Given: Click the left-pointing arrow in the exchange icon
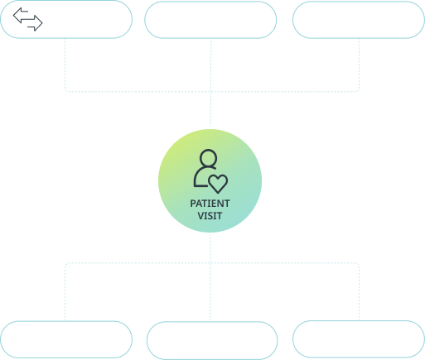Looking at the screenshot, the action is [21, 15].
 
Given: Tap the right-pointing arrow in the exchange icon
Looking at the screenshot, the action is [35, 23].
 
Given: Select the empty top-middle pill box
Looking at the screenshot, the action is [210, 20].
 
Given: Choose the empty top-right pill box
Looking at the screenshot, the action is [359, 20].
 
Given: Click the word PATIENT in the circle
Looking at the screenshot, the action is [210, 204].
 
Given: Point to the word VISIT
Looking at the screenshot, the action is [210, 216].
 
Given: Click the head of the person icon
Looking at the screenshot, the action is [208, 158].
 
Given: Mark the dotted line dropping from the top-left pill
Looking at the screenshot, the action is [65, 65].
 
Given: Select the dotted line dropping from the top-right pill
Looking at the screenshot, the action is [359, 65].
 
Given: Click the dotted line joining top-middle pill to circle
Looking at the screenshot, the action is [210, 84].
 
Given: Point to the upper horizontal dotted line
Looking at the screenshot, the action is [212, 91].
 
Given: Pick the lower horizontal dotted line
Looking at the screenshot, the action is [212, 263].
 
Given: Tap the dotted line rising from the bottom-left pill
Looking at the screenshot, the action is [65, 292].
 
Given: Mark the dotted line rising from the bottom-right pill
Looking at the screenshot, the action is [359, 292].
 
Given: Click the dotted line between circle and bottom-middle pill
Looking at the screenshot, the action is [210, 277].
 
